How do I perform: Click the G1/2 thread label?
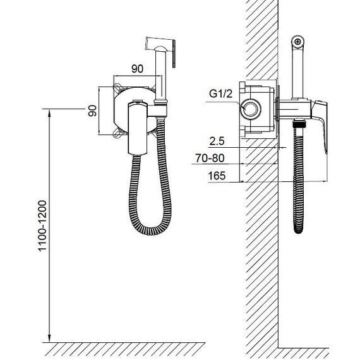pos(220,93)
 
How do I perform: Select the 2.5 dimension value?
pos(217,141)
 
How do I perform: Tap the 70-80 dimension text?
pos(210,158)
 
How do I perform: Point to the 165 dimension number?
pos(217,176)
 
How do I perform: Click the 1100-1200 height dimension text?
pos(42,226)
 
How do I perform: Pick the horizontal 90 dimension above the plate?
pos(137,69)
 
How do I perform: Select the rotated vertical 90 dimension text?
pos(92,111)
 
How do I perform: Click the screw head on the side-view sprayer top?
pos(297,42)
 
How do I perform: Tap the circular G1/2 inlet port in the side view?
pos(251,109)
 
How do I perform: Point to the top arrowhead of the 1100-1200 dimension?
pos(49,112)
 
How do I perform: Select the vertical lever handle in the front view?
pos(138,128)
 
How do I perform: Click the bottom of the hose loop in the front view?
pos(151,231)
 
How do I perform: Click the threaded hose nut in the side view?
pos(299,124)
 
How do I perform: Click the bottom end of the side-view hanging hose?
pos(299,230)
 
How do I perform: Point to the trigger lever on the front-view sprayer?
pos(174,54)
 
